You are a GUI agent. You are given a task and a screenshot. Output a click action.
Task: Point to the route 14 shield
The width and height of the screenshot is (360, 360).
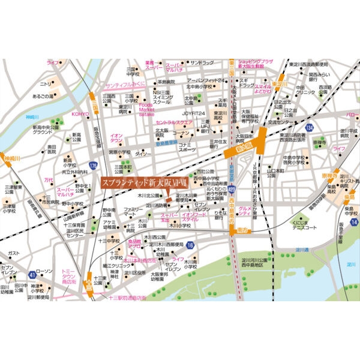354,222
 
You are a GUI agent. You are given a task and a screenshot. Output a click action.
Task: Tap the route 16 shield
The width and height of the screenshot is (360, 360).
190,245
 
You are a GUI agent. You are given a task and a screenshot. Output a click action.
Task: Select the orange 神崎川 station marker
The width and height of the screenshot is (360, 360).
11,159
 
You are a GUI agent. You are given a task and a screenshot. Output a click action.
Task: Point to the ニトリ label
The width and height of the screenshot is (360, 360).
46,84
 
